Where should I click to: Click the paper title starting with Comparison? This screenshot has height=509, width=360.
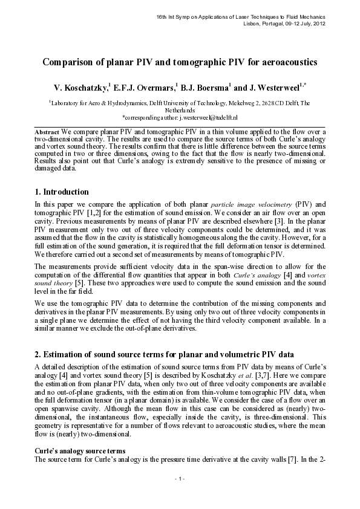coord(180,62)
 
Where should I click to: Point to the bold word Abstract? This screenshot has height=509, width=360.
coord(47,131)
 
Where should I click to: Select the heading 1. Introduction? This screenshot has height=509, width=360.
coord(62,192)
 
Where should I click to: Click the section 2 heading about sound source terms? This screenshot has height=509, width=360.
coord(165,354)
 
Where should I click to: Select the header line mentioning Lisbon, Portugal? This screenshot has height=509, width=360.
coord(283,23)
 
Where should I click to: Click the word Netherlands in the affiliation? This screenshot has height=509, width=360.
coord(180,111)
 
